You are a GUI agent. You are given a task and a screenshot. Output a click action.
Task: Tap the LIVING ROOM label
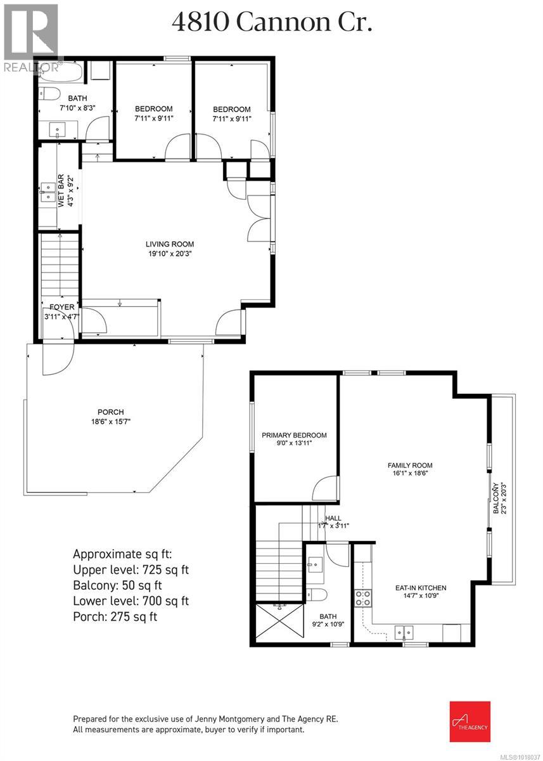pyautogui.click(x=170, y=244)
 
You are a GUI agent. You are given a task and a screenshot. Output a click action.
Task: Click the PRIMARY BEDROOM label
pyautogui.click(x=295, y=435)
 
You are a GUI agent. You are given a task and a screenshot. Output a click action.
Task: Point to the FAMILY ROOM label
pyautogui.click(x=410, y=465)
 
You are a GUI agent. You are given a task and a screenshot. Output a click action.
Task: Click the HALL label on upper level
pyautogui.click(x=333, y=517)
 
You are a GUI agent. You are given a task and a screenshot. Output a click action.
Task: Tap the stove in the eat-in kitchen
pyautogui.click(x=362, y=597)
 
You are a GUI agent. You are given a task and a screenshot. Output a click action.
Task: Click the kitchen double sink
pyautogui.click(x=404, y=632)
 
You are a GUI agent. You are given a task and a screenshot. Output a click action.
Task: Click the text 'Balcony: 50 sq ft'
pyautogui.click(x=118, y=585)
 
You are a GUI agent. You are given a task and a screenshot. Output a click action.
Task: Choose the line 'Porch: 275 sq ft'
pyautogui.click(x=115, y=616)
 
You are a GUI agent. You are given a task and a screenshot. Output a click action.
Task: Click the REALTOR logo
pyautogui.click(x=30, y=36)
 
